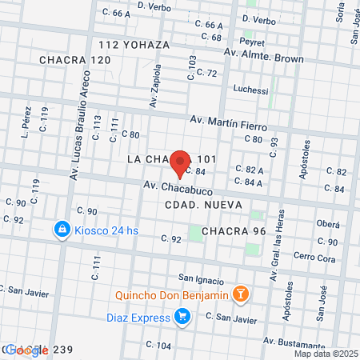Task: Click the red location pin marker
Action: tap(181, 162)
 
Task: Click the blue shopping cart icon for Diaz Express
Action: tap(182, 318)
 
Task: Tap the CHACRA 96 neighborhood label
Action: tap(234, 231)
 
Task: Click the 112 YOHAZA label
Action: tap(134, 45)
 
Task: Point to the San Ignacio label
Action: tap(201, 278)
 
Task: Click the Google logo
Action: tap(28, 350)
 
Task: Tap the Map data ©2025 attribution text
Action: tap(325, 354)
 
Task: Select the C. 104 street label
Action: tap(159, 345)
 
